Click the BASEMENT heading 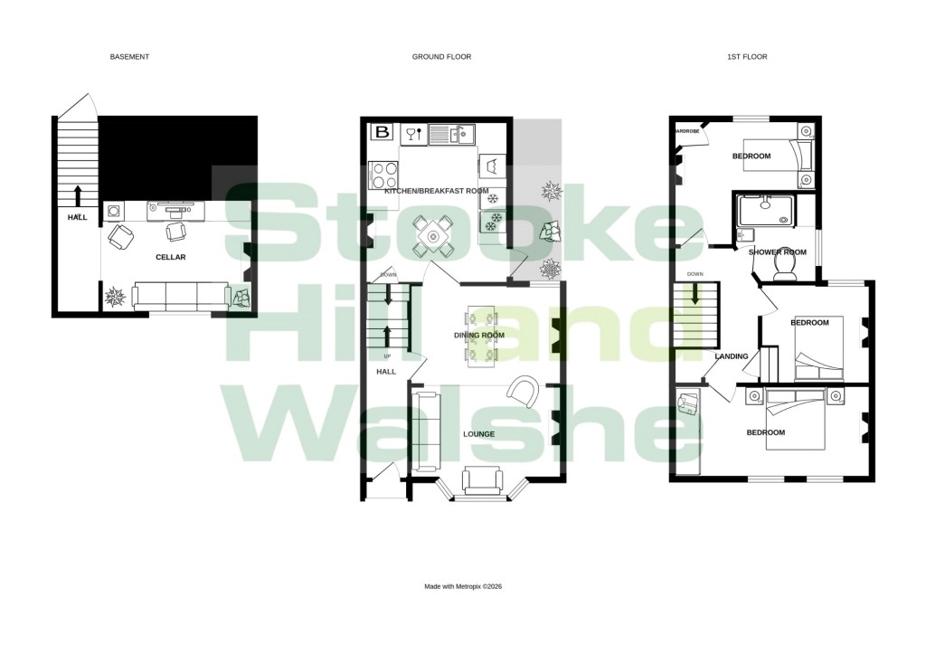coord(129,57)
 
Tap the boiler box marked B coord(382,133)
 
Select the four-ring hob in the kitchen coord(383,175)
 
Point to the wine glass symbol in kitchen coord(412,134)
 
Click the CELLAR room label coord(171,257)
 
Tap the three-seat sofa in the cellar coord(180,295)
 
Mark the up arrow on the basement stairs coord(77,194)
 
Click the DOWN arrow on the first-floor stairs coord(695,294)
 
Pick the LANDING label coord(732,356)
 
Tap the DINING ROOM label coord(478,336)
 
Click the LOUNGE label coord(478,434)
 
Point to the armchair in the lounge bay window coord(480,480)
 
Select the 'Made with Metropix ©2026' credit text coord(462,586)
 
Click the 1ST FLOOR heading coord(747,57)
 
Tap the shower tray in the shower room coord(769,212)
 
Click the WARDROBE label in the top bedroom coord(687,131)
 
